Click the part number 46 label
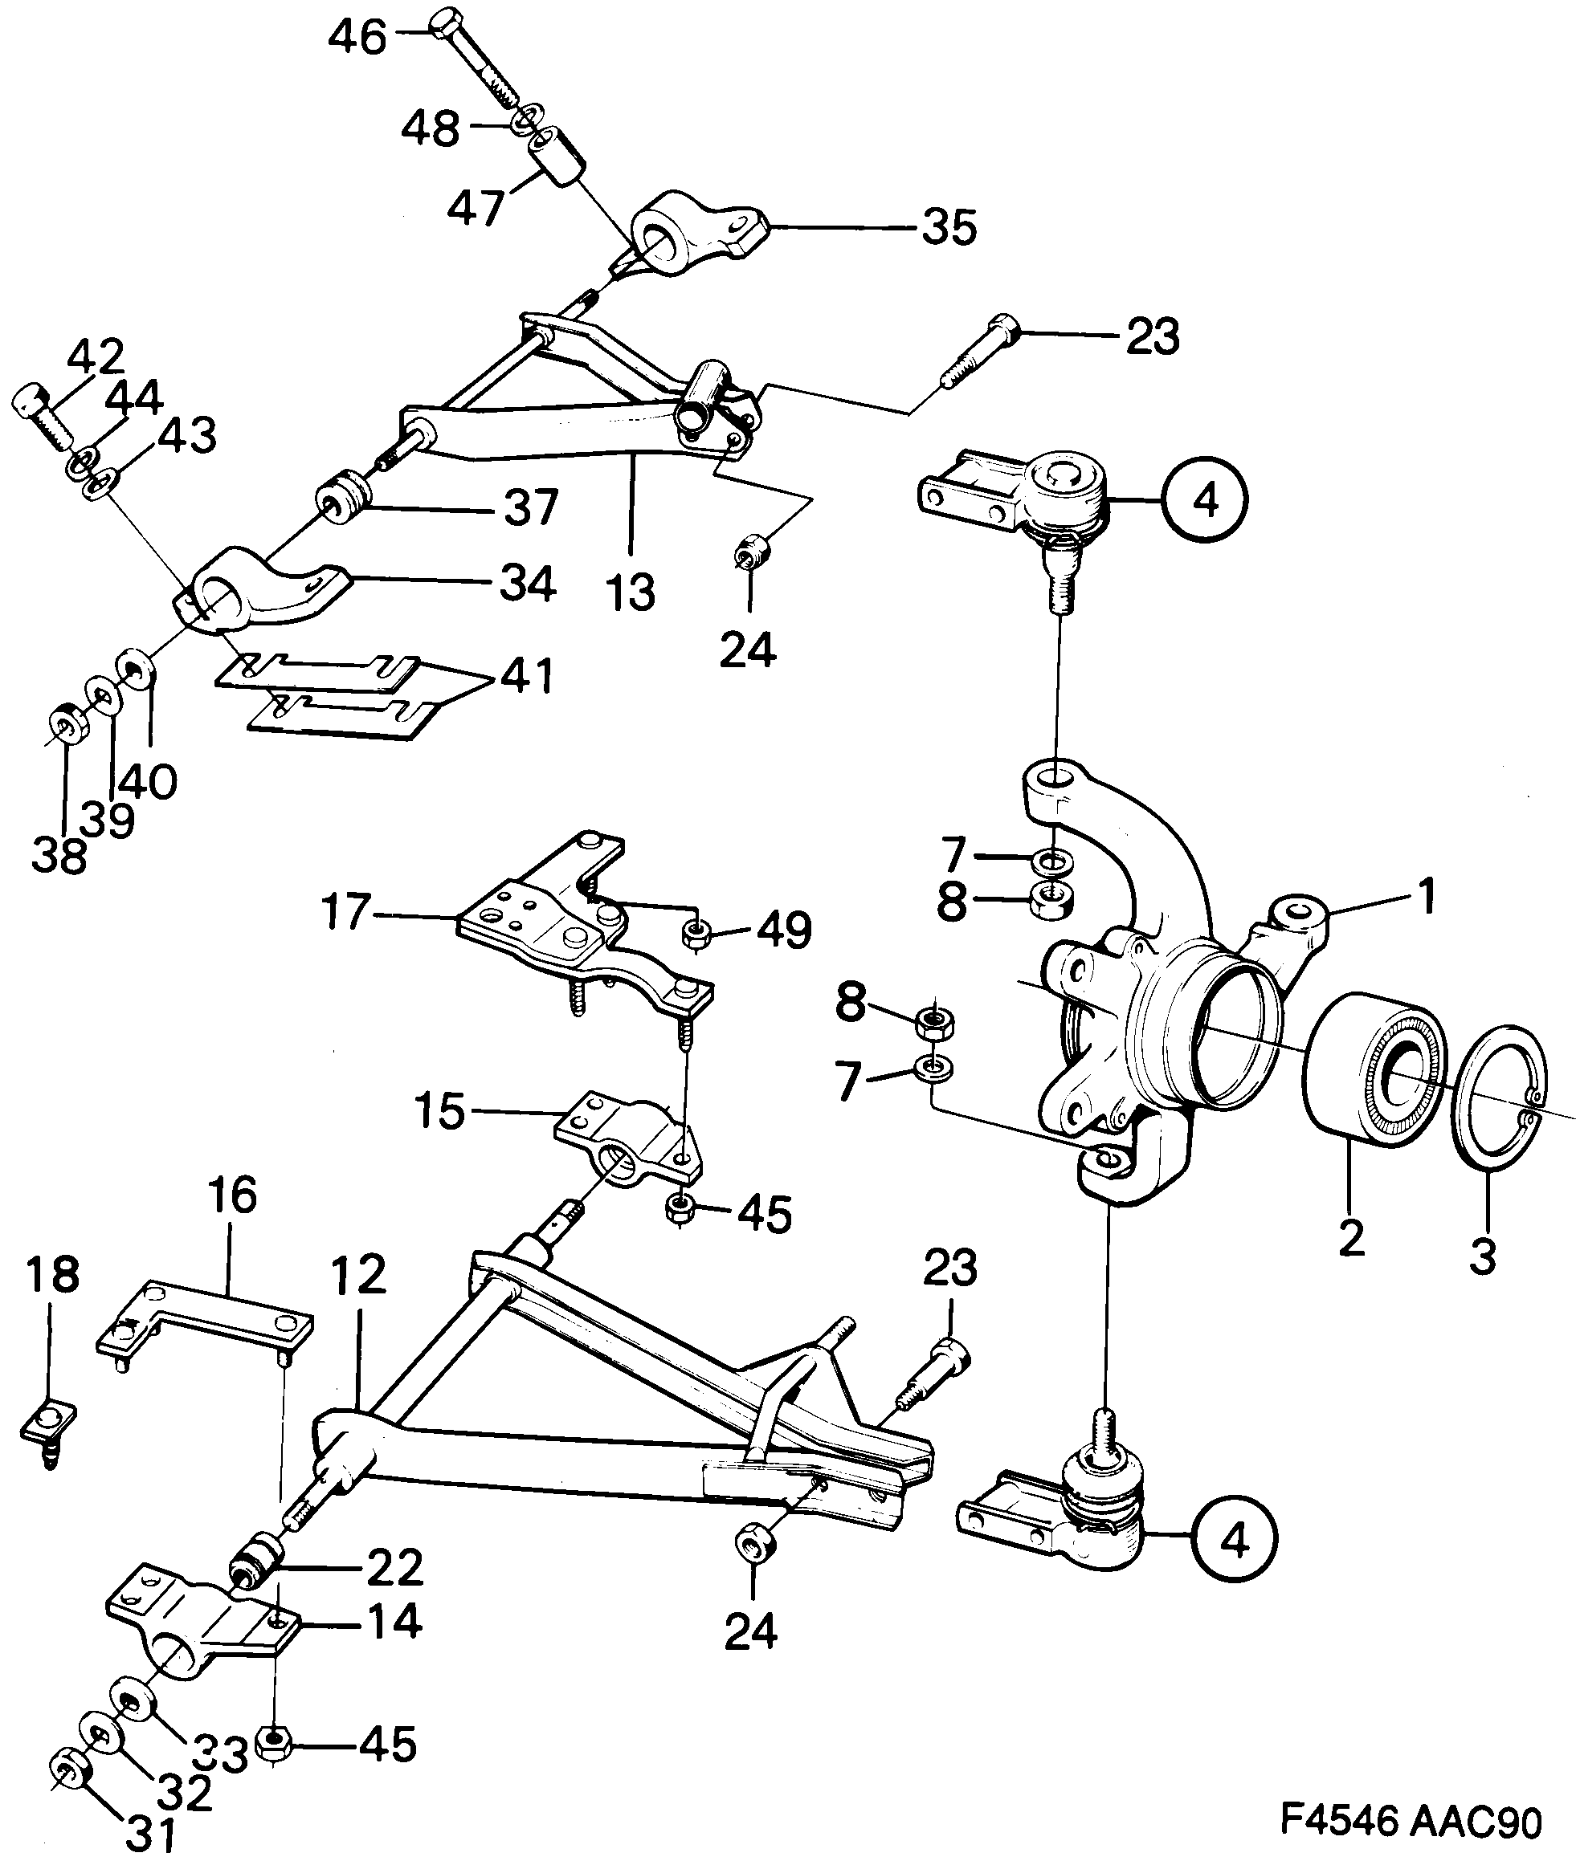[x=357, y=38]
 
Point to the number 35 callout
[x=949, y=228]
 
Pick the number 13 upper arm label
[x=631, y=591]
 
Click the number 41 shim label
[x=526, y=677]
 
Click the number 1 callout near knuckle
[x=1427, y=895]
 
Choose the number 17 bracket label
[x=345, y=913]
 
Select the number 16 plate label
[x=232, y=1194]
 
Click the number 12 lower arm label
[x=358, y=1274]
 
